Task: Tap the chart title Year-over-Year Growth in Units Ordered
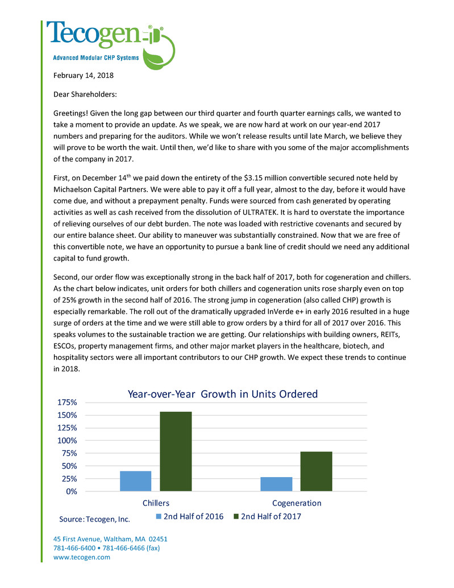click(222, 394)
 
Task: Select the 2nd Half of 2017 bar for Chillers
click(176, 451)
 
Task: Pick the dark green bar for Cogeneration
click(316, 471)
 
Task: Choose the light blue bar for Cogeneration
click(276, 483)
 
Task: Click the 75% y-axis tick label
click(68, 453)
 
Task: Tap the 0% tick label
click(70, 491)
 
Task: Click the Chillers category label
click(156, 503)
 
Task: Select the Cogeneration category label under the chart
click(297, 503)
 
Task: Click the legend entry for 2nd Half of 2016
click(190, 516)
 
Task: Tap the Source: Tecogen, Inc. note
click(95, 519)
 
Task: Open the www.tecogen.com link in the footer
click(81, 557)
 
